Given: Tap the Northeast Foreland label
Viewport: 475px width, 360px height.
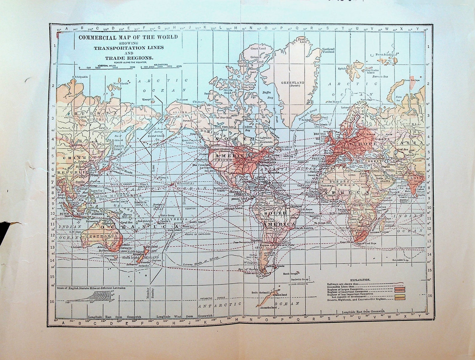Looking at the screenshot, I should click(x=328, y=50).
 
